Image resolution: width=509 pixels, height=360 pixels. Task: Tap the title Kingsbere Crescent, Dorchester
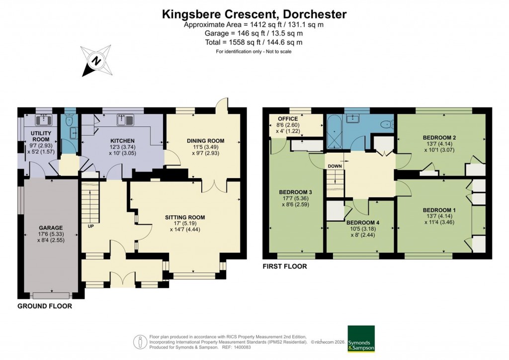[254, 14]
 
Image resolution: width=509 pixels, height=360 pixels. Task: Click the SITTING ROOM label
[185, 217]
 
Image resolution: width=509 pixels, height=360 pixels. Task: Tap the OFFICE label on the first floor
[288, 119]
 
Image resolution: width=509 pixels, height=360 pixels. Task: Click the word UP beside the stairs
[90, 226]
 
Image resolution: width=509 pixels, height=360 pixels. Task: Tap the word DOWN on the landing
[335, 166]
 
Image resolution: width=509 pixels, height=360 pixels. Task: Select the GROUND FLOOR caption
[45, 306]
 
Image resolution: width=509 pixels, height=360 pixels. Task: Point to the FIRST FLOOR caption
[285, 267]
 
